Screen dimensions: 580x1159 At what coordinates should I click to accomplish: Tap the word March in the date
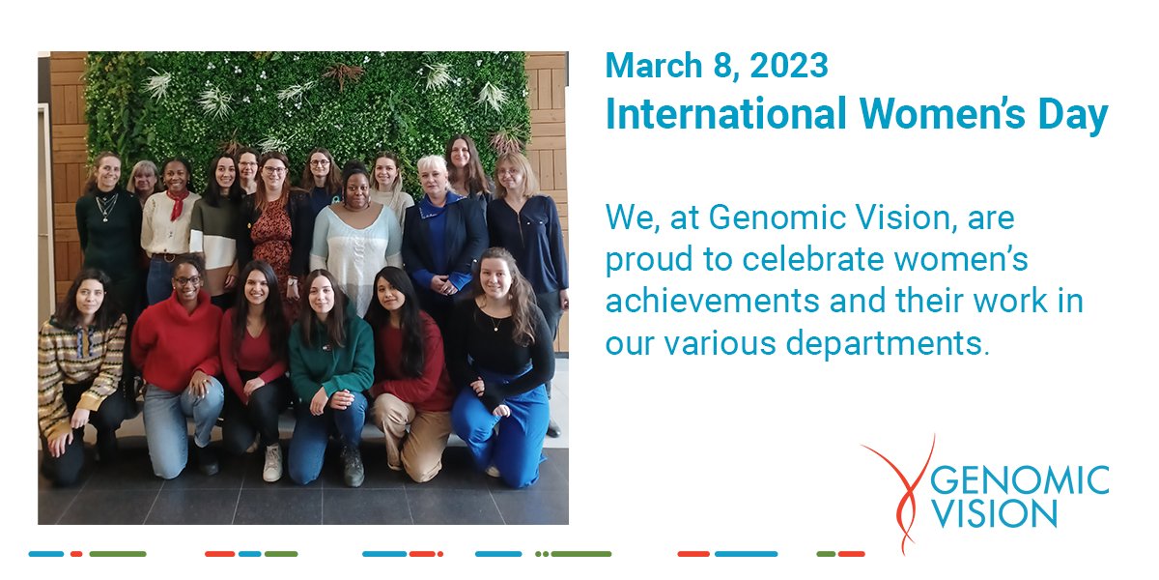click(x=648, y=66)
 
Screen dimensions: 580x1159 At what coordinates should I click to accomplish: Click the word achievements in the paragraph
click(x=691, y=302)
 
